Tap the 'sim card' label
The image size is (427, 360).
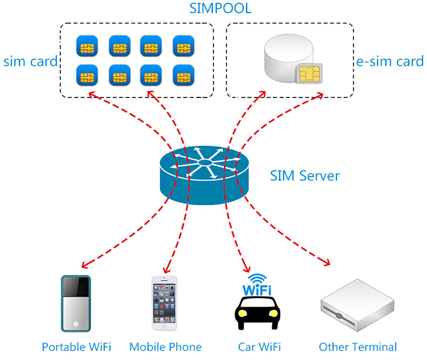pyautogui.click(x=30, y=61)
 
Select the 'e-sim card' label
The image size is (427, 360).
pyautogui.click(x=390, y=61)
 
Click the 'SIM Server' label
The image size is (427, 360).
pyautogui.click(x=305, y=175)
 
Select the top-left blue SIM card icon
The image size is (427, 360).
pyautogui.click(x=87, y=46)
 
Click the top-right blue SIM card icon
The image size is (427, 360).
pyautogui.click(x=183, y=46)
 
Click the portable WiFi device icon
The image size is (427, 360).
pyautogui.click(x=76, y=303)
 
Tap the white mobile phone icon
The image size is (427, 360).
pyautogui.click(x=164, y=303)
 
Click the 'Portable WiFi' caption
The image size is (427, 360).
pyautogui.click(x=76, y=347)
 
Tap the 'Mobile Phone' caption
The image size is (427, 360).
pyautogui.click(x=165, y=347)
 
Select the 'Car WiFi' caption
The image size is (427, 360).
pyautogui.click(x=259, y=347)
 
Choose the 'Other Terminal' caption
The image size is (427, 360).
pyautogui.click(x=358, y=347)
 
